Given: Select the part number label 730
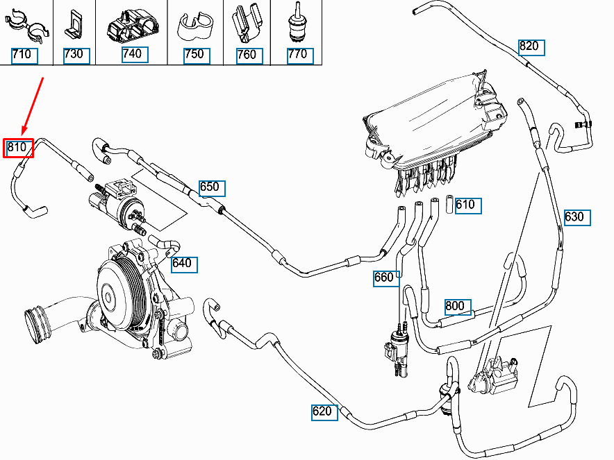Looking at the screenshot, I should point(73,55).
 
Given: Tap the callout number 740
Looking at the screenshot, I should point(131,54).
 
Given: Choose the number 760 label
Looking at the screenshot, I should point(247,55).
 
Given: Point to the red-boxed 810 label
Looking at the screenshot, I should point(17,147).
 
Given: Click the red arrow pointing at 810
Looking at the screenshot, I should point(33,105).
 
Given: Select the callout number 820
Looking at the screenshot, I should point(529,46).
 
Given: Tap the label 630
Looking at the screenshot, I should point(574,216).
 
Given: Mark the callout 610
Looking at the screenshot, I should point(465,205).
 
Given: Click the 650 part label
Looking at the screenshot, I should point(209,187).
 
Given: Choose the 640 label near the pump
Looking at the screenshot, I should point(181,264).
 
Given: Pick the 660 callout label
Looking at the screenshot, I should point(384,278).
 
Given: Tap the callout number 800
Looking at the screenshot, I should point(455,306).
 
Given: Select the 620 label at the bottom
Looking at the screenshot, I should point(322,411).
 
